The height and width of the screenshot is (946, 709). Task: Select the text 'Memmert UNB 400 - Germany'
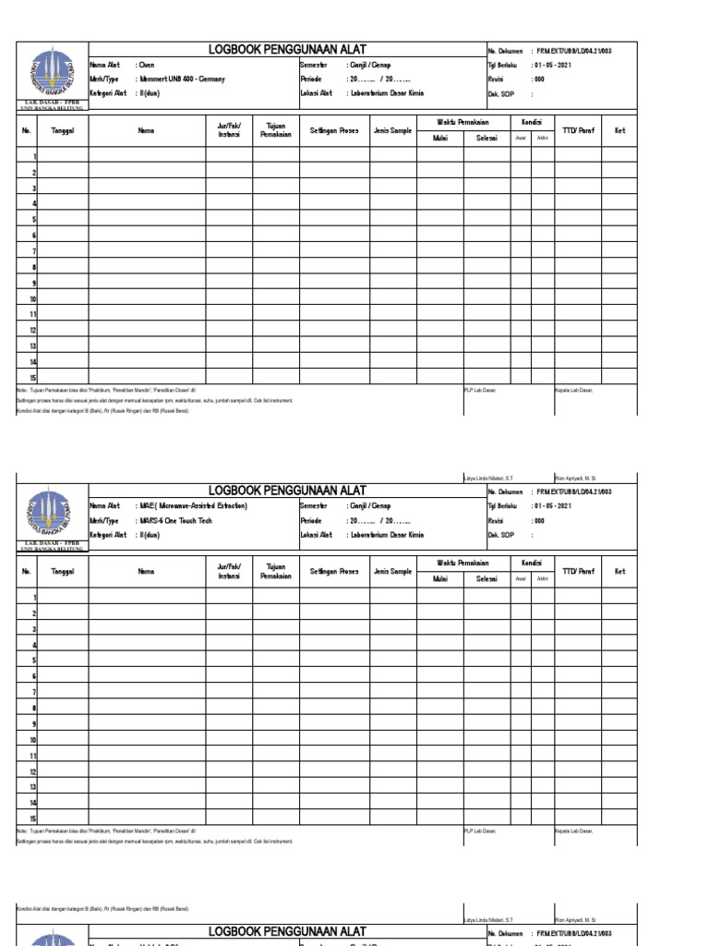(x=182, y=79)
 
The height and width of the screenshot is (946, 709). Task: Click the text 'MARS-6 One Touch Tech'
(x=175, y=521)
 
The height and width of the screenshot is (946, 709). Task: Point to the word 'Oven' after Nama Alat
(x=146, y=66)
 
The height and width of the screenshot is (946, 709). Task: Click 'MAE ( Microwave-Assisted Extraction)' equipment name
(x=194, y=506)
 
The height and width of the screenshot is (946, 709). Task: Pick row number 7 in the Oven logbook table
(x=34, y=251)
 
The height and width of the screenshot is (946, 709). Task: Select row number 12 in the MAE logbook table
(x=33, y=771)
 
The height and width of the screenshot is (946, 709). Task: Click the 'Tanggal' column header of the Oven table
(x=63, y=131)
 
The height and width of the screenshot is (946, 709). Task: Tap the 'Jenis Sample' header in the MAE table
(x=392, y=572)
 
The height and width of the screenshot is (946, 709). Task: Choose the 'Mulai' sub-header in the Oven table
(x=439, y=138)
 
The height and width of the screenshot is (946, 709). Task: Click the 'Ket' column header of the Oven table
(x=619, y=131)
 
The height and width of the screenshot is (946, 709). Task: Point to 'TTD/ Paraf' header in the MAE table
(x=577, y=572)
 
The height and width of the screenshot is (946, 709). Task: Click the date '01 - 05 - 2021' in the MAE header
(x=551, y=506)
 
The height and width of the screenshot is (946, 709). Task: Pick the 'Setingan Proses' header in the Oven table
(x=334, y=131)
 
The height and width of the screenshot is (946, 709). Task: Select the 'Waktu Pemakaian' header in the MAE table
(x=463, y=563)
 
